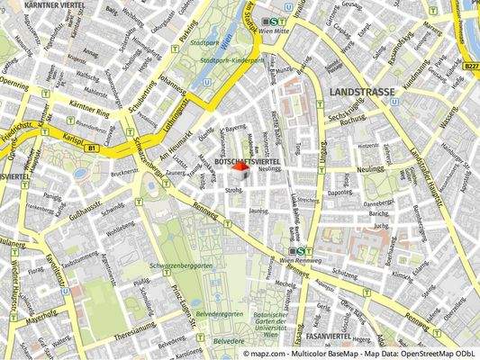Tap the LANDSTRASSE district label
click(361, 92)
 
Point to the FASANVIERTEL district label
click(328, 335)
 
